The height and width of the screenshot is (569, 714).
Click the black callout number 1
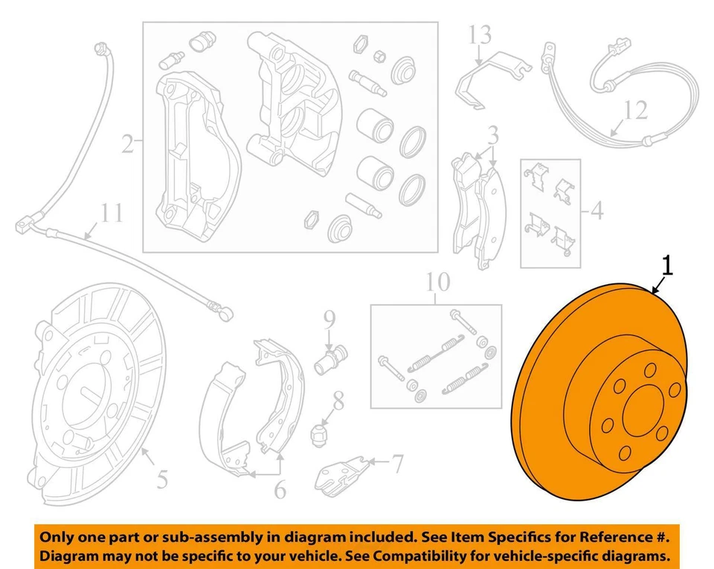point(668,265)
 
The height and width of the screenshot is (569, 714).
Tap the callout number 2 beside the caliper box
point(128,143)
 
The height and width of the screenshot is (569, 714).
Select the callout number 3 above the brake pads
point(492,135)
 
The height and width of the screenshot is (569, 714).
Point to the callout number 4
point(596,212)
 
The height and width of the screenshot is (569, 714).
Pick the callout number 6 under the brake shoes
point(279,489)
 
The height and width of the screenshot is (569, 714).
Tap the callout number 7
point(397,464)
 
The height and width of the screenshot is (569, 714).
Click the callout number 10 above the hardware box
point(438,283)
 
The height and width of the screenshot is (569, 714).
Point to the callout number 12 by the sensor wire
point(635,111)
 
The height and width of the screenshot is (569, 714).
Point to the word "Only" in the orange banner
point(57,536)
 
